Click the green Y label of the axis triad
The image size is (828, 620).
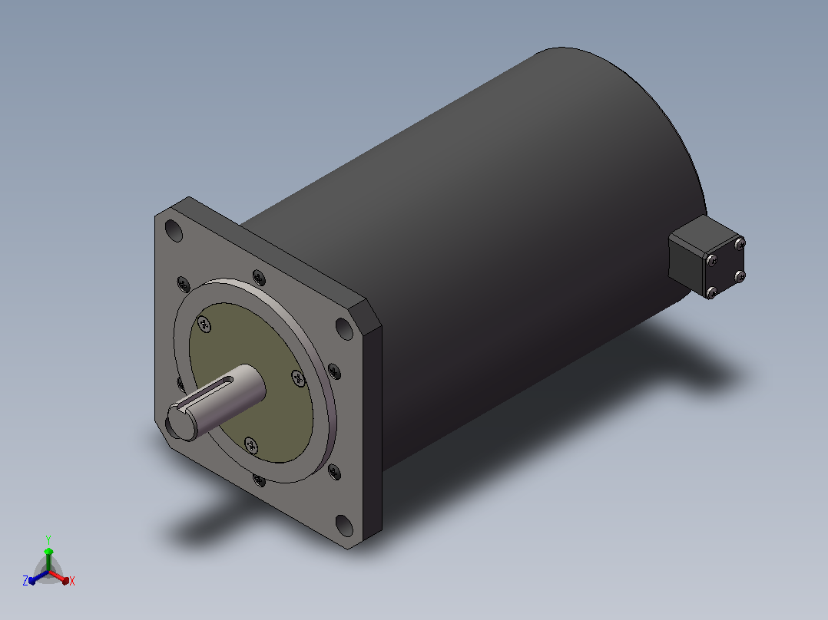coord(48,539)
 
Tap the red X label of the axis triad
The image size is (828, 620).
coord(72,581)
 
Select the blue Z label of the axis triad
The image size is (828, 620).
coord(25,580)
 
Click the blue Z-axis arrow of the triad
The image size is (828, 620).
coord(38,577)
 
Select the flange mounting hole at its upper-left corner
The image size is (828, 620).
coord(174,231)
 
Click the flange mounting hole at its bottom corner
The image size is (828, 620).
coord(344,526)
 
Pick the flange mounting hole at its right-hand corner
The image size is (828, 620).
coord(344,328)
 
